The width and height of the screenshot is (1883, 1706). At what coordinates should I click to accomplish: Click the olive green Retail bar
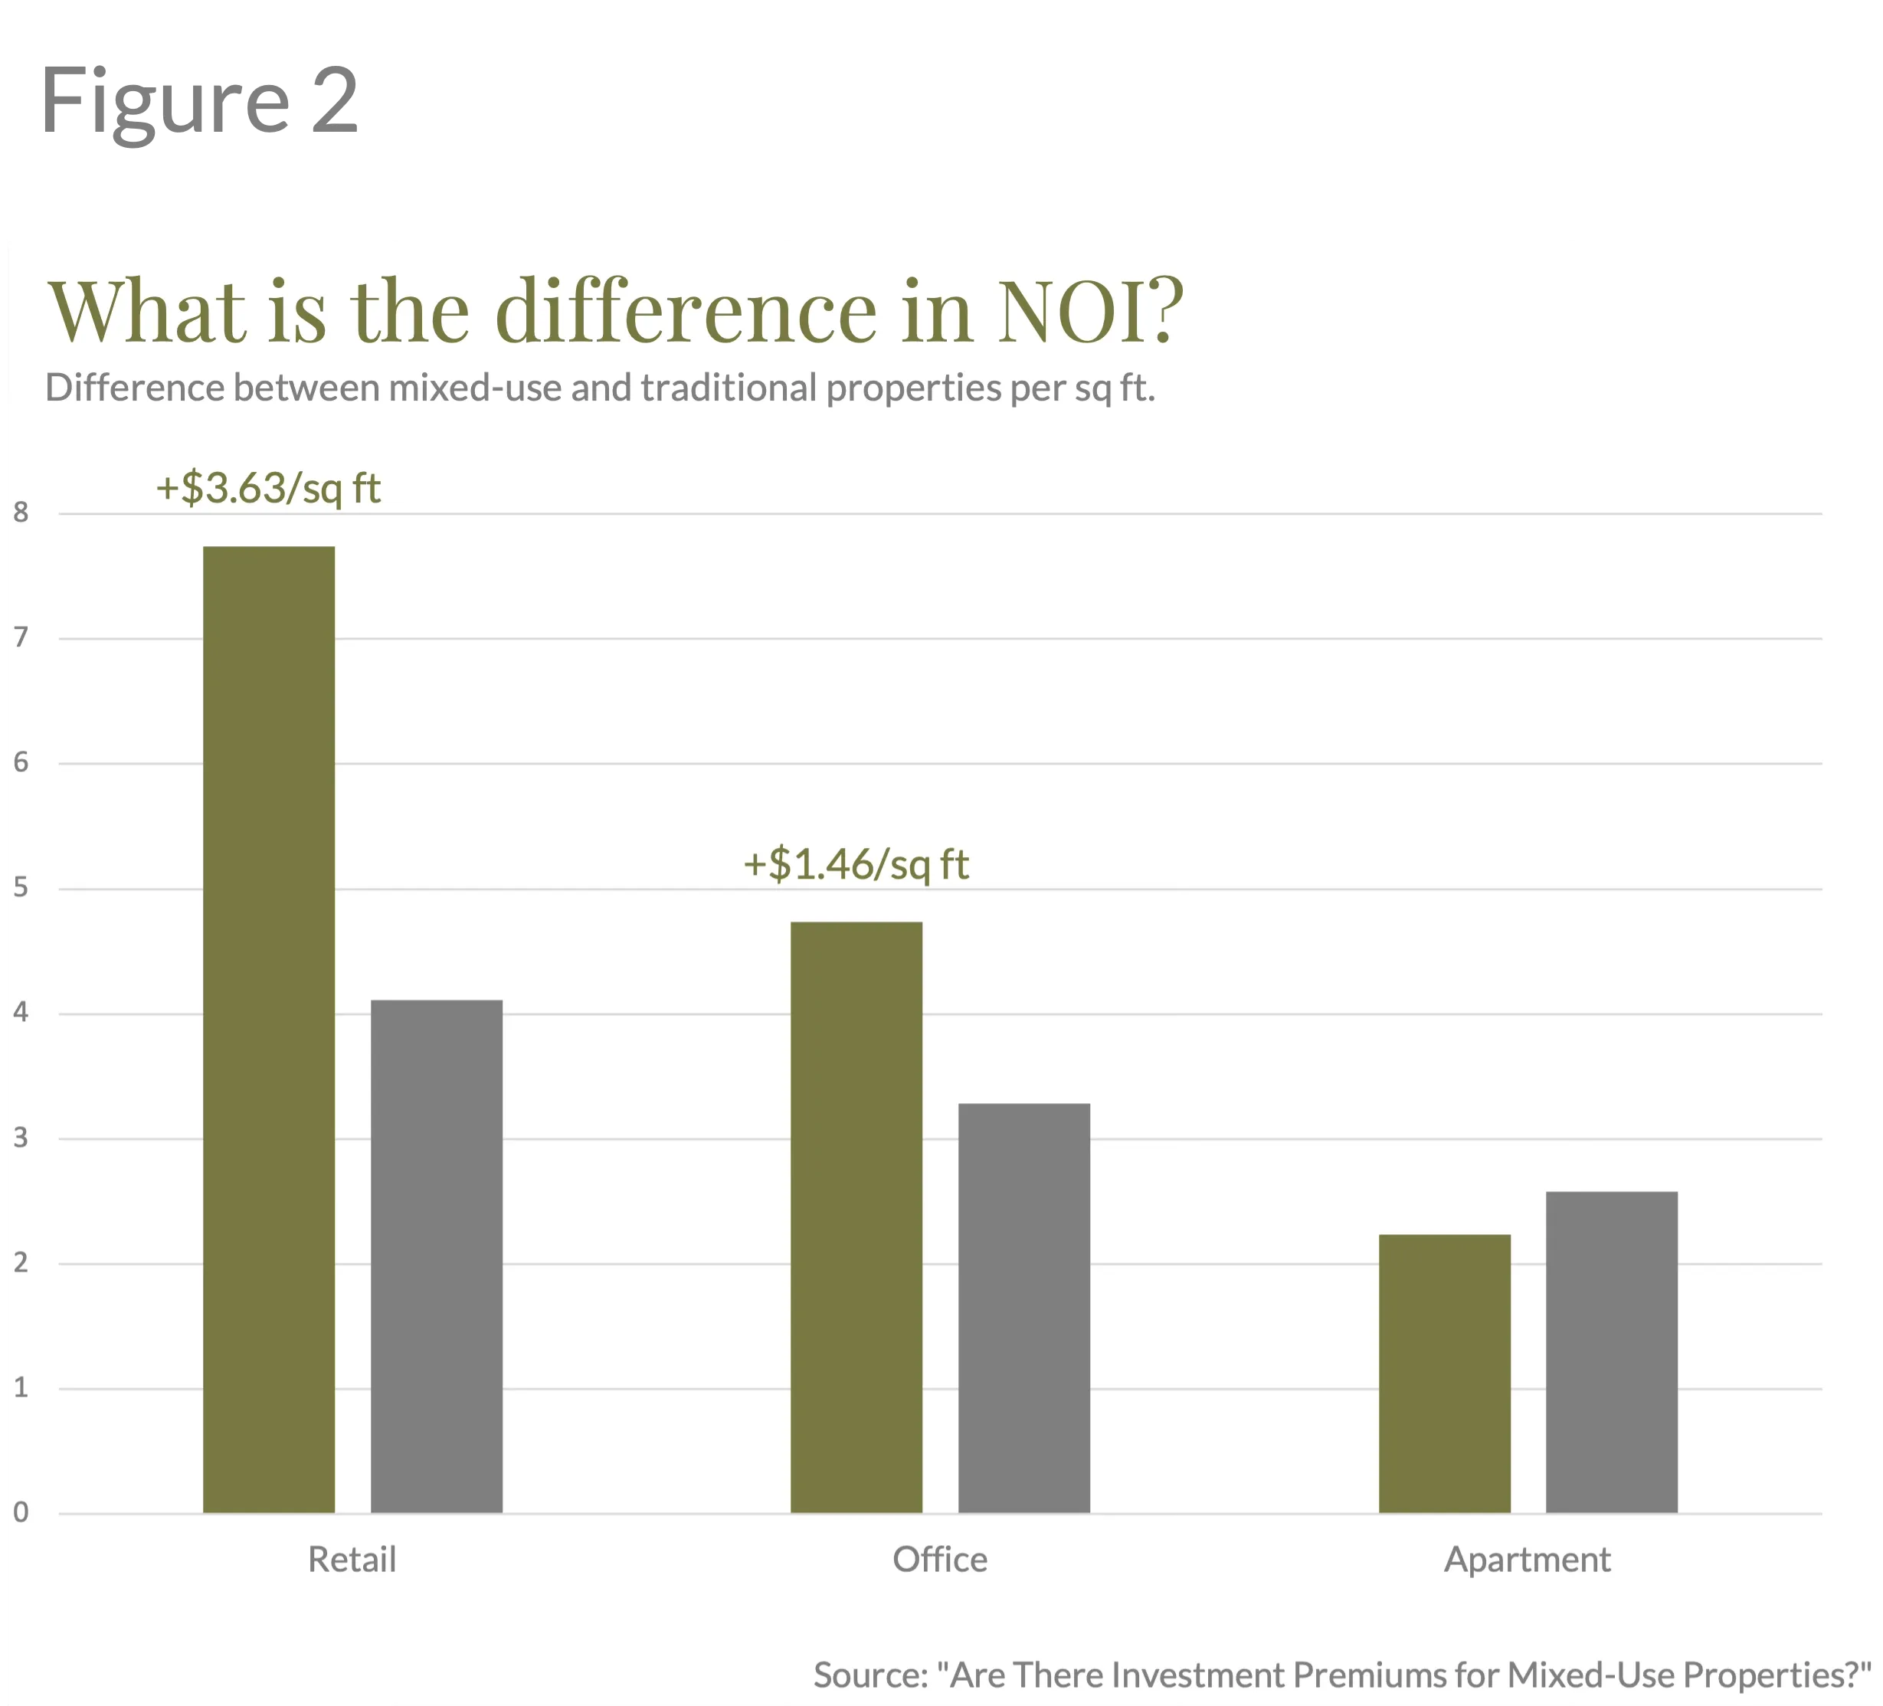(x=269, y=1027)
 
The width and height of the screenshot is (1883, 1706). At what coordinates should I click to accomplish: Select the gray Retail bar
(x=436, y=1256)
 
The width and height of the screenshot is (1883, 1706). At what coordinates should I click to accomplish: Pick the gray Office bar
(x=1023, y=1308)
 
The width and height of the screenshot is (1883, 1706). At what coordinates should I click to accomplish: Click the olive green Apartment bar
(x=1444, y=1373)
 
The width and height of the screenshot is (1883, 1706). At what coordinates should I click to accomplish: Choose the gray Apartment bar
(x=1611, y=1351)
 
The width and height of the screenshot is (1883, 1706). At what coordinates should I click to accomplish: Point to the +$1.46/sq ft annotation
(x=856, y=865)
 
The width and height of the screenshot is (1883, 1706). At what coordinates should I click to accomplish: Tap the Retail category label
(x=352, y=1560)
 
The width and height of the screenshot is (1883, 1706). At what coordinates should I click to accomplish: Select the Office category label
(x=940, y=1560)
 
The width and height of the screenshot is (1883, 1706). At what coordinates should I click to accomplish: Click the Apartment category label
(x=1527, y=1560)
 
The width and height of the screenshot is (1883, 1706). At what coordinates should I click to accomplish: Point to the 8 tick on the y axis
(x=21, y=512)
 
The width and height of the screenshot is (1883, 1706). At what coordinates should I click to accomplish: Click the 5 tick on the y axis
(x=21, y=888)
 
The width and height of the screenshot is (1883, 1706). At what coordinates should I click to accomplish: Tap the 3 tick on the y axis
(x=21, y=1138)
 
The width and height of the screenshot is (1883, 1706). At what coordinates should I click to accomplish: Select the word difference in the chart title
(x=686, y=311)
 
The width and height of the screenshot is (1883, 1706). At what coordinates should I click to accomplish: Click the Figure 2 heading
(x=200, y=101)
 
